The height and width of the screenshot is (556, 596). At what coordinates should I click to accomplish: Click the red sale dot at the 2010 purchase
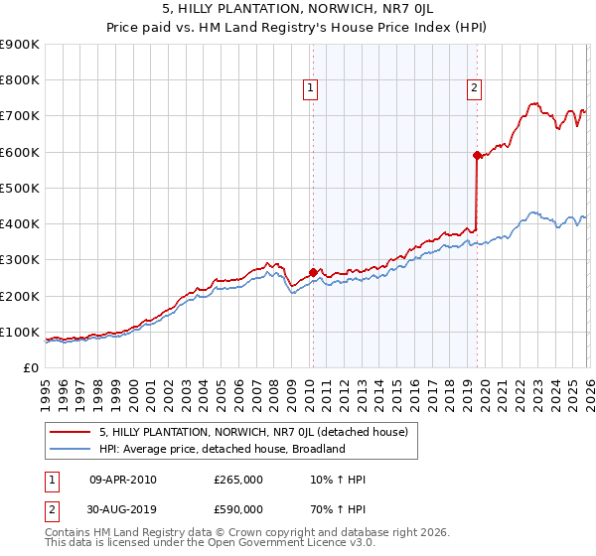tap(313, 272)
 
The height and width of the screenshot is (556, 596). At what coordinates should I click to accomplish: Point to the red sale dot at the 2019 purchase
tap(477, 155)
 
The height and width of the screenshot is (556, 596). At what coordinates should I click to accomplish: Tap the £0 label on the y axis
tap(31, 367)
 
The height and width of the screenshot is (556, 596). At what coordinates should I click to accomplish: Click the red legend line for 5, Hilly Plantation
tap(71, 432)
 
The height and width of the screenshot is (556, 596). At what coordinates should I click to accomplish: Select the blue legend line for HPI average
tap(71, 449)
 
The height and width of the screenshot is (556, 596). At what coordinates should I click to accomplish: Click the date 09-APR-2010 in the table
tap(123, 481)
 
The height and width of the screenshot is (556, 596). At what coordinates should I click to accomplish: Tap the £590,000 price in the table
tap(238, 509)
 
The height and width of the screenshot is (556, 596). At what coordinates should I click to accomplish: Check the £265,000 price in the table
tap(238, 481)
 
